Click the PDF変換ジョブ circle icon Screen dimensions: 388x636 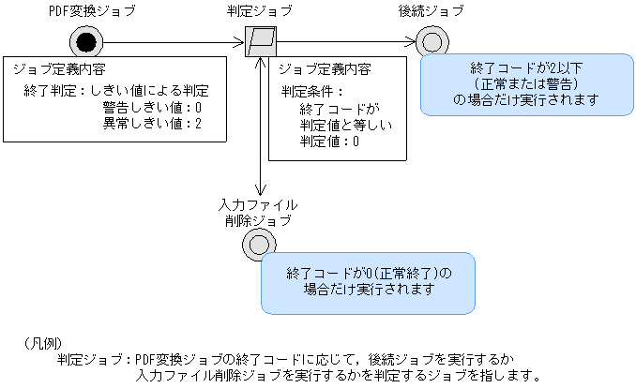(x=84, y=41)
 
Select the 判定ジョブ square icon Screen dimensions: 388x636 (x=259, y=41)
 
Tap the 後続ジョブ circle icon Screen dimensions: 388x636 (x=432, y=41)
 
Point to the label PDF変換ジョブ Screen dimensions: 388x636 (x=84, y=10)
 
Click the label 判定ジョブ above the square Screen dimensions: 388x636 (x=259, y=10)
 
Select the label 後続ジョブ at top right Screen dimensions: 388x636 (x=432, y=10)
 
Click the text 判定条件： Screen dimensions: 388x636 (x=313, y=92)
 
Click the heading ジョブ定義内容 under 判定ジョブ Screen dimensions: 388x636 (x=325, y=69)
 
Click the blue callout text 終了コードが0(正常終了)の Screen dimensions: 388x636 (x=369, y=273)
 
